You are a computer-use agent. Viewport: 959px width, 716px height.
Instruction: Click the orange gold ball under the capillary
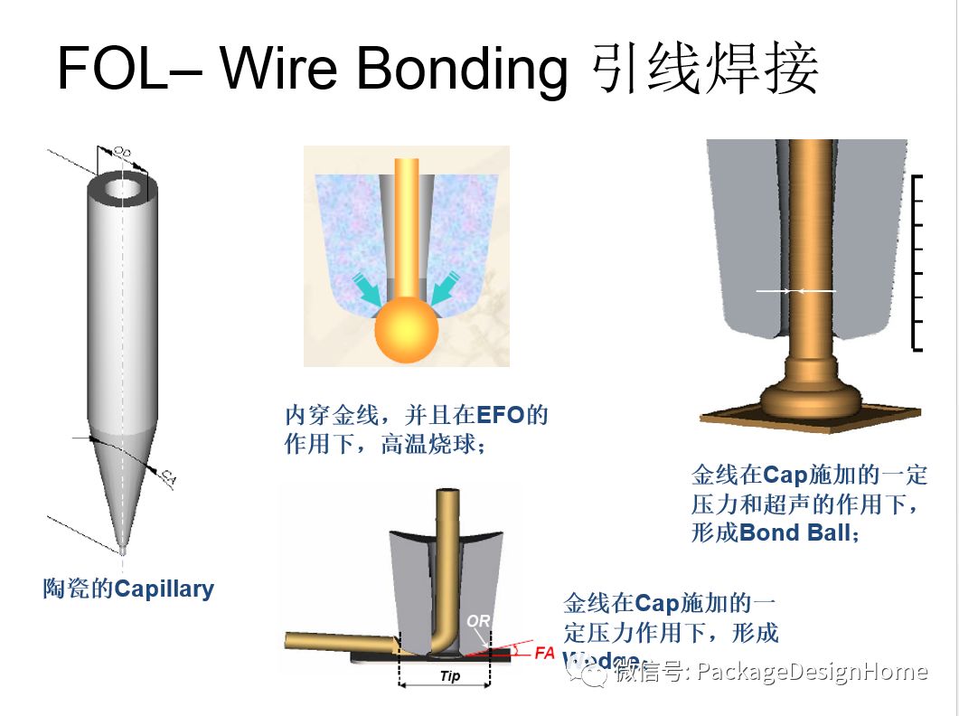pyautogui.click(x=406, y=330)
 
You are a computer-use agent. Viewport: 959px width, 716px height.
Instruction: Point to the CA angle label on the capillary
pyautogui.click(x=167, y=477)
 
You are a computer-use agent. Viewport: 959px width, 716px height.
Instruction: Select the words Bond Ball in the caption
pyautogui.click(x=794, y=532)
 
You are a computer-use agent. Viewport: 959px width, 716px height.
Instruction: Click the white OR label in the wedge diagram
pyautogui.click(x=478, y=621)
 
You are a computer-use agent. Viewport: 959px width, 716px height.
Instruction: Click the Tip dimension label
pyautogui.click(x=449, y=676)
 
